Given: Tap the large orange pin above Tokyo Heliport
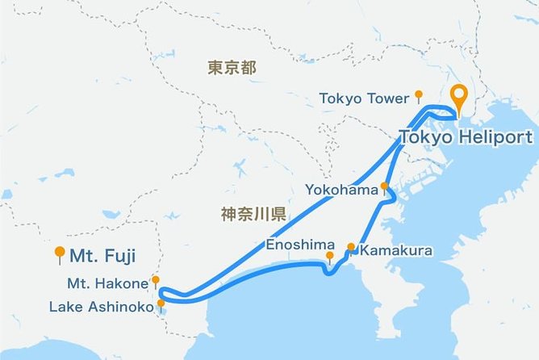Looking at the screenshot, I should click(460, 98).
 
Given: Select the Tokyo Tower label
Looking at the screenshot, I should click(365, 98).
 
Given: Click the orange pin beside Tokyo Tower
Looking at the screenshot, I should click(418, 95).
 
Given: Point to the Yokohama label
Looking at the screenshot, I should click(341, 190).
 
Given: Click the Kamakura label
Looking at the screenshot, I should click(396, 251).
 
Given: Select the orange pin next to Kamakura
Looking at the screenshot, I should click(351, 248).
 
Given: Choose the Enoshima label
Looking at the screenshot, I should click(297, 244).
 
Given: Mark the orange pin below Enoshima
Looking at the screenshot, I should click(329, 257).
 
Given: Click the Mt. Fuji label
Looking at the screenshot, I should click(102, 257).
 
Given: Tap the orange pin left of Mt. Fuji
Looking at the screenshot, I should click(59, 253).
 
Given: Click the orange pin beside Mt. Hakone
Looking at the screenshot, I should click(156, 281).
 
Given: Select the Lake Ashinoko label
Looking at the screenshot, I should click(101, 307).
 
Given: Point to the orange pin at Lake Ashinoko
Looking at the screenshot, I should click(161, 304).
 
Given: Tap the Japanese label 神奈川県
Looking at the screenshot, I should click(253, 214).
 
